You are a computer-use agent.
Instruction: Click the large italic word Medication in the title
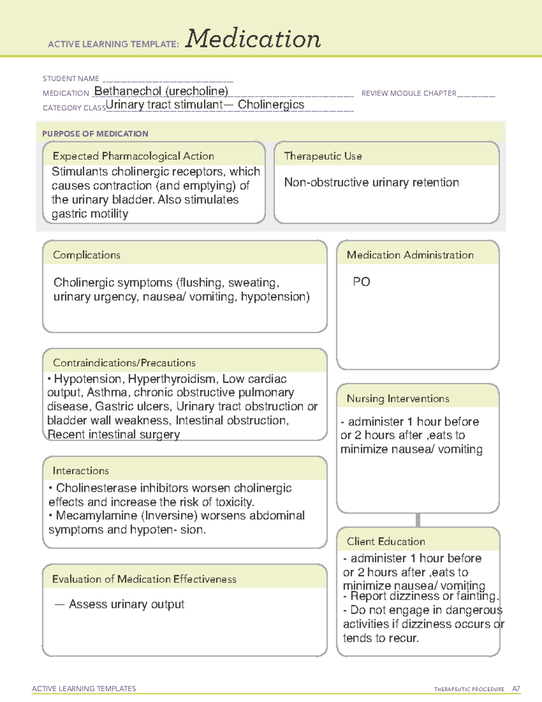[253, 39]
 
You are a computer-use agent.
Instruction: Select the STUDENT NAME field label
[71, 79]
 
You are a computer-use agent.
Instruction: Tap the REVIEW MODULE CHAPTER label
[409, 93]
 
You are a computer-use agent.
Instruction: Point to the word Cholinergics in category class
[271, 105]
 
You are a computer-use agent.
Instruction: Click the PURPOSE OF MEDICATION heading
[95, 134]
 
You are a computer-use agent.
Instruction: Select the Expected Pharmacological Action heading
[133, 156]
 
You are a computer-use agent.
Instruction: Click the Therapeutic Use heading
[323, 156]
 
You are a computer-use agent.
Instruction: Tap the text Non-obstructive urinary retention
[371, 182]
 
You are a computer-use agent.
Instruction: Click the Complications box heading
[87, 255]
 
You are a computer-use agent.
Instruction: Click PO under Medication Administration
[361, 282]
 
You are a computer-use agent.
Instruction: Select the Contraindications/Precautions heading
[124, 363]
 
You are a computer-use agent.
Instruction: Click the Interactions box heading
[81, 471]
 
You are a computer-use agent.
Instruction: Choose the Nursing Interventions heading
[398, 398]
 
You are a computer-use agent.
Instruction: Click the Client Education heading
[386, 541]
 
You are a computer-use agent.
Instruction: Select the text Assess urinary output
[126, 604]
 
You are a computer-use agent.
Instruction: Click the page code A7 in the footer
[516, 689]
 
